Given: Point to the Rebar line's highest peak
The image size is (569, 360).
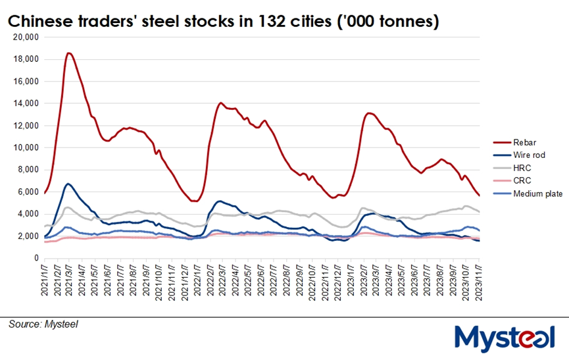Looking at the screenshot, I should click(x=69, y=53).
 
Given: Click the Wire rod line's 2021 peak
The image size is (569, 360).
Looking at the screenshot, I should click(x=68, y=184).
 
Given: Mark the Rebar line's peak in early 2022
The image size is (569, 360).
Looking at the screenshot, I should click(x=220, y=103).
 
